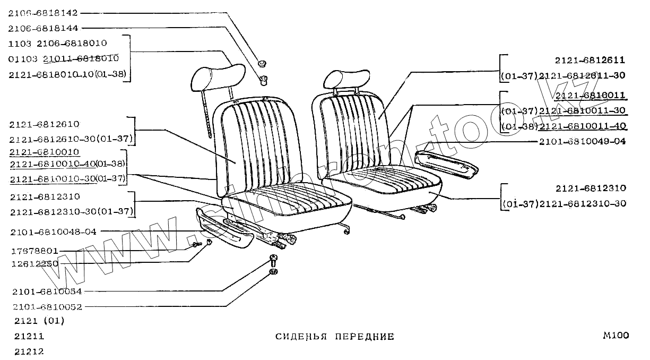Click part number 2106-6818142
coord(43,12)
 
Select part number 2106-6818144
coord(43,27)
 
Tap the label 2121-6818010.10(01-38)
coord(68,74)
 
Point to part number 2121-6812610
coord(44,124)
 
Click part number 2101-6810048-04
coord(53,232)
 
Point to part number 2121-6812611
coord(591,60)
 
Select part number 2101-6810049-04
coord(582,142)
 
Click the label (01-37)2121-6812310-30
coord(564,203)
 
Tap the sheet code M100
coord(616,336)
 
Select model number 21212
coord(30,352)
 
